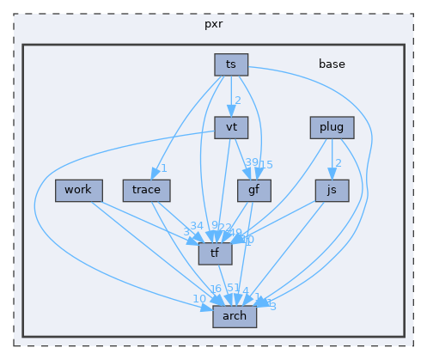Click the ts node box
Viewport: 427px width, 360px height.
pyautogui.click(x=231, y=64)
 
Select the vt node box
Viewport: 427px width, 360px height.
pyautogui.click(x=231, y=127)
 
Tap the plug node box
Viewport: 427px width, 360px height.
pyautogui.click(x=331, y=127)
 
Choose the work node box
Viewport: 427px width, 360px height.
pyautogui.click(x=79, y=190)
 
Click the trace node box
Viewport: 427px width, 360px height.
pyautogui.click(x=147, y=190)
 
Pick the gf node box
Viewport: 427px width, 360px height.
pyautogui.click(x=253, y=190)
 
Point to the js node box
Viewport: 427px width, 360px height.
pyautogui.click(x=331, y=190)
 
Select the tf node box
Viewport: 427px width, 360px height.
pyautogui.click(x=215, y=253)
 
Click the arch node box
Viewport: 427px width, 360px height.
pyautogui.click(x=234, y=315)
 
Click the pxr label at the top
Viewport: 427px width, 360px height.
pyautogui.click(x=213, y=23)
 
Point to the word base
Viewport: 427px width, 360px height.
pyautogui.click(x=332, y=64)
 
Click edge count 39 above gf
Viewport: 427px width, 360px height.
pyautogui.click(x=252, y=163)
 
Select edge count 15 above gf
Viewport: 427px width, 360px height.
pyautogui.click(x=266, y=164)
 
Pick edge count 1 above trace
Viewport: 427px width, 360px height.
pyautogui.click(x=163, y=168)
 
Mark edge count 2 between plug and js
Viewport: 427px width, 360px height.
pyautogui.click(x=338, y=163)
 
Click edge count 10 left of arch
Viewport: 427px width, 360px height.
pyautogui.click(x=198, y=298)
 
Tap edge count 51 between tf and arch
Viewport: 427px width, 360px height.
pyautogui.click(x=233, y=288)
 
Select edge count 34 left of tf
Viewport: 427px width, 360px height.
pyautogui.click(x=197, y=226)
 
